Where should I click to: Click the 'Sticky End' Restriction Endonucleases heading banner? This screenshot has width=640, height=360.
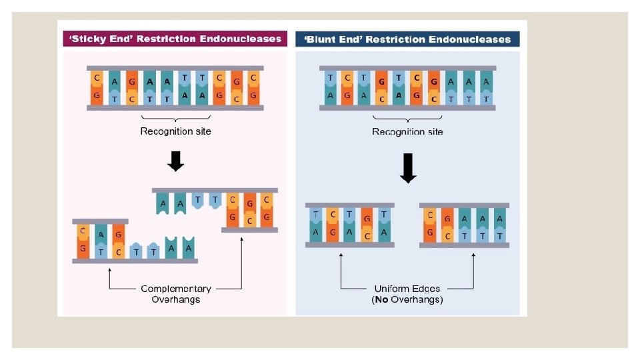point(175,39)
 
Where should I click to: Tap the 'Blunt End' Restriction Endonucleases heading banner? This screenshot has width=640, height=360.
point(407,39)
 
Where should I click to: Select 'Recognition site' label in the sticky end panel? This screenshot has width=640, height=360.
point(175,131)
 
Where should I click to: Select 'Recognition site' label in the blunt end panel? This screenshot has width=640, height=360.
point(407,131)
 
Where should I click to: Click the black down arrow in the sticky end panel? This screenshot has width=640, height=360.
point(175,161)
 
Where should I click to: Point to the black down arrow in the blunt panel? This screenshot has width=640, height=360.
point(408,168)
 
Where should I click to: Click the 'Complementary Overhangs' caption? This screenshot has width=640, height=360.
point(176,294)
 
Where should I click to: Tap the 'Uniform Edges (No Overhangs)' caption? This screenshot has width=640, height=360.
point(407,294)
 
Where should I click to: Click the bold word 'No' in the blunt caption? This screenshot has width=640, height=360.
point(381,299)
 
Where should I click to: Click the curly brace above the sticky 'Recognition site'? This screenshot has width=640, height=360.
point(175,119)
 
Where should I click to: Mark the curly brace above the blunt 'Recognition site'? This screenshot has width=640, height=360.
point(407,119)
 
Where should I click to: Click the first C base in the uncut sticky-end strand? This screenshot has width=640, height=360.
point(97,77)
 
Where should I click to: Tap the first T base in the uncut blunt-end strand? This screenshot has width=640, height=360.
point(330,77)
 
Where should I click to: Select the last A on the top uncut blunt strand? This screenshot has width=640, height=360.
point(486,81)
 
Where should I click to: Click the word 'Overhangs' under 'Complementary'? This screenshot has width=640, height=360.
point(176,299)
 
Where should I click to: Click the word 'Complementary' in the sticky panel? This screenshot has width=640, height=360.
point(176,289)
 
